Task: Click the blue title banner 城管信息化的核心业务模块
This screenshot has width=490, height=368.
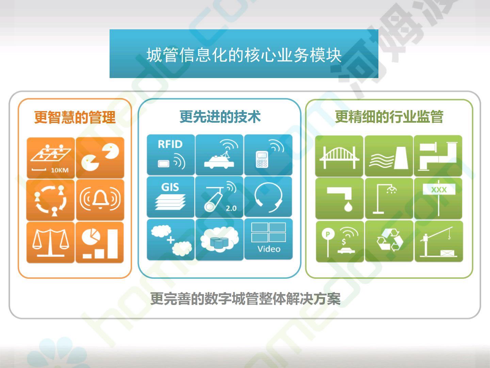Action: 244,53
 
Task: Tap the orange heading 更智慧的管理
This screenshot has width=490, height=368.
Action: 75,117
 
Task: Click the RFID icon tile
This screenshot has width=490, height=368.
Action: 171,155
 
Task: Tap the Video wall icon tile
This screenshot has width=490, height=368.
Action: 268,239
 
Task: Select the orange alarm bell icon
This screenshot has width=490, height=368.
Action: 100,199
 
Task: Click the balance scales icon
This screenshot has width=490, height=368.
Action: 50,242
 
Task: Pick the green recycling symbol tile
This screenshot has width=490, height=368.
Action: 389,241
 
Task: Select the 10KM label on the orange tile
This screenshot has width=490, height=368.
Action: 60,170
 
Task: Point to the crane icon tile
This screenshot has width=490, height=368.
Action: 439,241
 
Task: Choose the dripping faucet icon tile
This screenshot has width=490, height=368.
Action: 339,198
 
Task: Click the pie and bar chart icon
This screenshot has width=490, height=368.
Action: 100,242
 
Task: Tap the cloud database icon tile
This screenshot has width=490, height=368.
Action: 219,240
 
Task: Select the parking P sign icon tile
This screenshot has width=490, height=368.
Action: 340,242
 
